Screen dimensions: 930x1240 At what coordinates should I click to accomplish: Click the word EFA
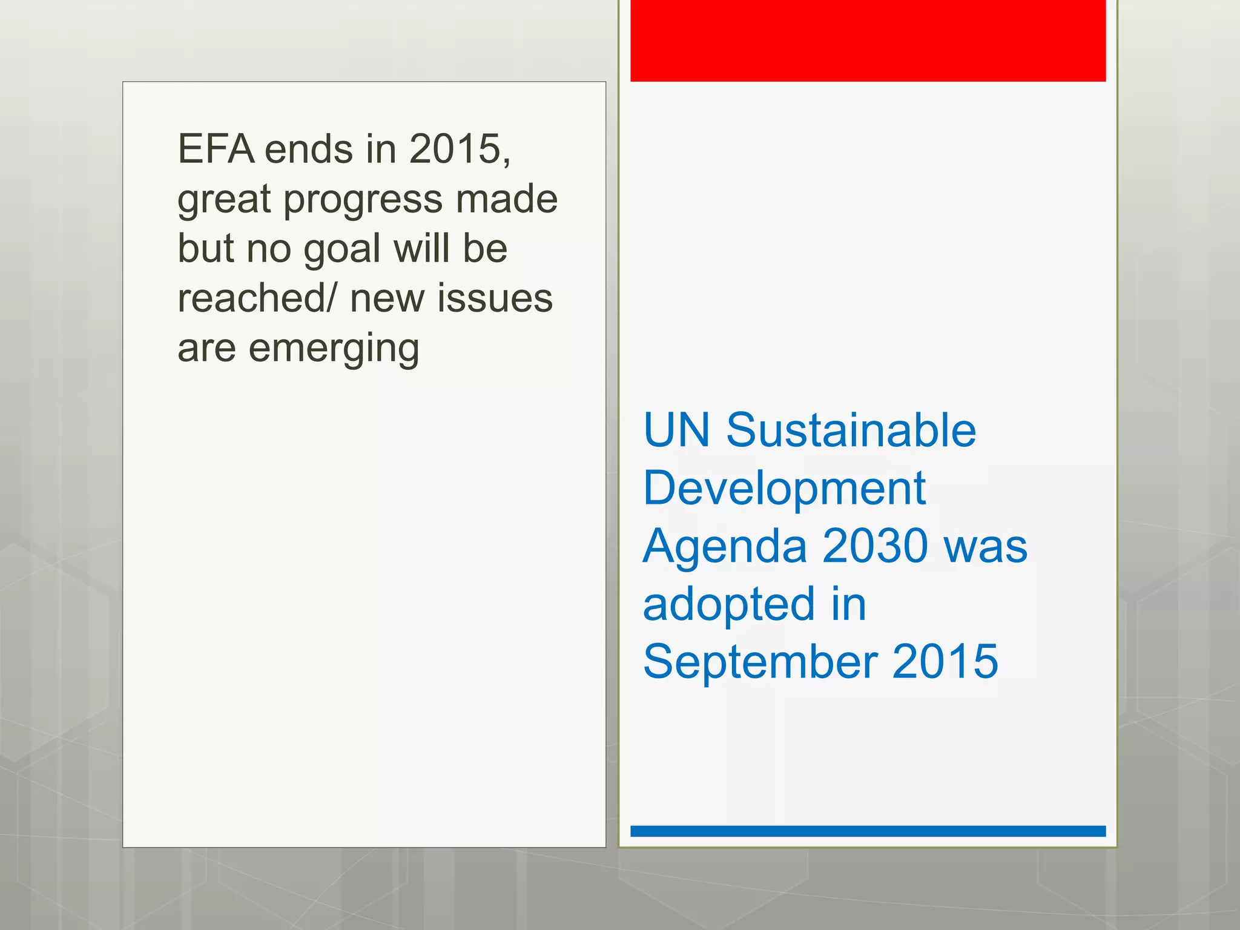[x=216, y=149]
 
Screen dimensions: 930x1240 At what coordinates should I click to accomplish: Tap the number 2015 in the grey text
[x=456, y=149]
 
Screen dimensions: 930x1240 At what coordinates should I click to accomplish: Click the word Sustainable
[x=851, y=430]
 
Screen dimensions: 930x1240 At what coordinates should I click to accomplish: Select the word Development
[x=784, y=488]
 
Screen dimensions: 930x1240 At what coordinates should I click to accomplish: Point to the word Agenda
[x=725, y=546]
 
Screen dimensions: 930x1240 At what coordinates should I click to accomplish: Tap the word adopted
[x=728, y=605]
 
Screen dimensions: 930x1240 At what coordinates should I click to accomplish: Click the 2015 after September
[x=945, y=662]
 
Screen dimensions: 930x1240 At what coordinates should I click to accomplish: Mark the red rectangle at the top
[x=868, y=41]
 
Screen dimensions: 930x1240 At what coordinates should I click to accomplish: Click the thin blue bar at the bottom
[x=868, y=831]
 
